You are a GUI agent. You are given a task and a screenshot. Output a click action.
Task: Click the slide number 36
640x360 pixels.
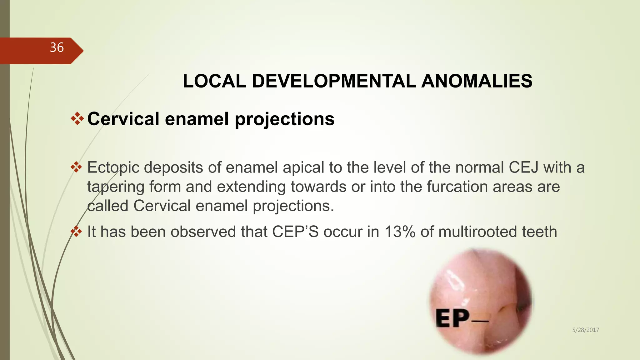57,48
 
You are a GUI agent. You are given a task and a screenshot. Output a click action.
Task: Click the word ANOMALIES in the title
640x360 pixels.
477,81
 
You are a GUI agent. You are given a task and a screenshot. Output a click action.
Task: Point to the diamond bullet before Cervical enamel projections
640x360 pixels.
77,119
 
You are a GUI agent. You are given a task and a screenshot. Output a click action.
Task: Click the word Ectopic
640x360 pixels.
113,168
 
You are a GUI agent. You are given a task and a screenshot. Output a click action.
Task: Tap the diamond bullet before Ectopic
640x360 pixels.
76,167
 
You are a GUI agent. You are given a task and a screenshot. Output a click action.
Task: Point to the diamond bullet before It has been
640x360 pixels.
76,232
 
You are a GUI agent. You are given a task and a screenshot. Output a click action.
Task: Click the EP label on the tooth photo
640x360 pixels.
452,318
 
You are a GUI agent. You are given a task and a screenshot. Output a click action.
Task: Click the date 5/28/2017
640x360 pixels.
585,330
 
